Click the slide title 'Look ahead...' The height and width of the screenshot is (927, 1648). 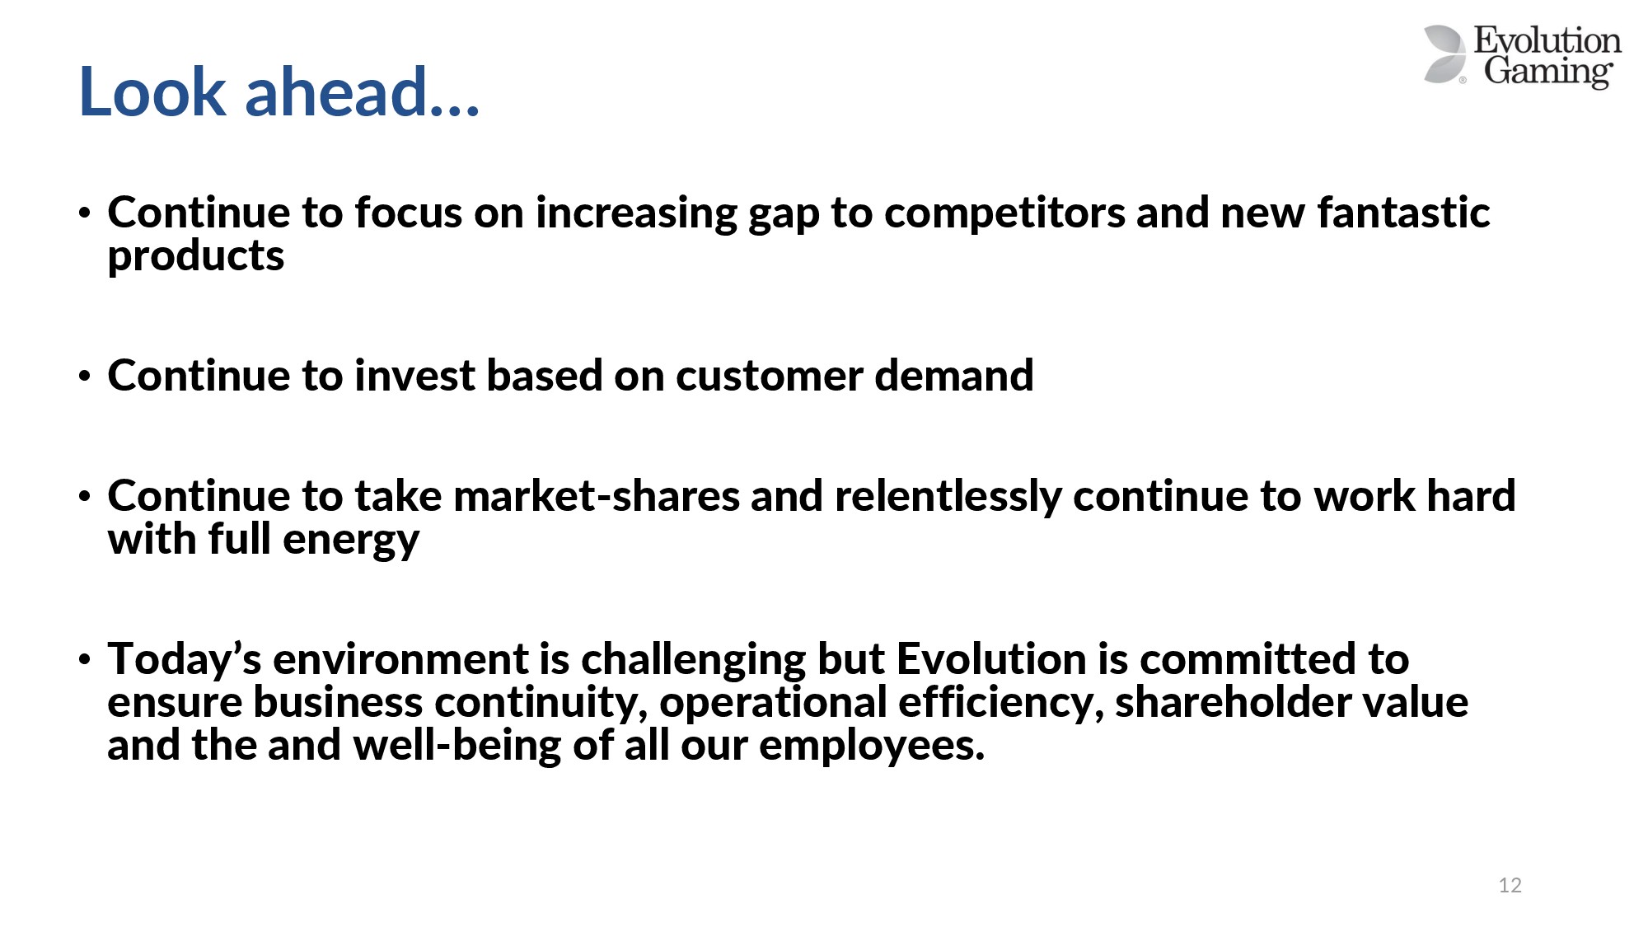279,91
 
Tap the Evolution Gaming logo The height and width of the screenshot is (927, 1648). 1522,56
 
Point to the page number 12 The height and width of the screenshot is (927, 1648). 1510,885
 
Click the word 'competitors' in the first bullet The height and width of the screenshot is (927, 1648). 1004,213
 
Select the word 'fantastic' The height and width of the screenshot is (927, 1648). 1403,213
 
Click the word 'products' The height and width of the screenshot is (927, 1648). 196,257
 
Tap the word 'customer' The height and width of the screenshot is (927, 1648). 770,377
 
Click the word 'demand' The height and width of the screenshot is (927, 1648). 954,376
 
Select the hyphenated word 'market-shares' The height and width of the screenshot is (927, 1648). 597,496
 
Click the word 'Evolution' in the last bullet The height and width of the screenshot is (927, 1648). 991,659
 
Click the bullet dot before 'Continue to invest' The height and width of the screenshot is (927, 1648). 84,377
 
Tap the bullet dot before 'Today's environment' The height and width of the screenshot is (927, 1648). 84,659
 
